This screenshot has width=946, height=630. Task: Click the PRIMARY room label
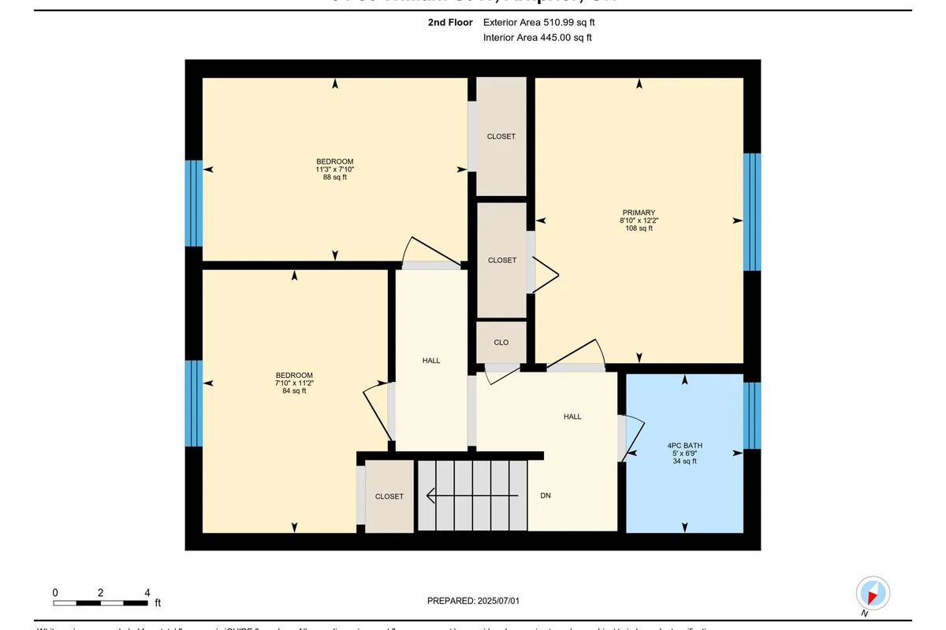pyautogui.click(x=639, y=213)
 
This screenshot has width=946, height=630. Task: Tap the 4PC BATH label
pyautogui.click(x=684, y=446)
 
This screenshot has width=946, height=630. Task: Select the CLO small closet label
pyautogui.click(x=501, y=343)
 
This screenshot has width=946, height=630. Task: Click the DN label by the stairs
pyautogui.click(x=545, y=496)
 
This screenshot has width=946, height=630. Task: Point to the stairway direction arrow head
pyautogui.click(x=430, y=496)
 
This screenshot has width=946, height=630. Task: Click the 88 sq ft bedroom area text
pyautogui.click(x=334, y=177)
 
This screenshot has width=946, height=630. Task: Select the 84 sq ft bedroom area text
pyautogui.click(x=294, y=391)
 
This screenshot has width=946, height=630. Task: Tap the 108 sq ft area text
pyautogui.click(x=639, y=229)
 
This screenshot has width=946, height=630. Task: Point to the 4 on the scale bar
pyautogui.click(x=147, y=592)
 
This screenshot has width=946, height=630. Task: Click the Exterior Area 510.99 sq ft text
pyautogui.click(x=538, y=23)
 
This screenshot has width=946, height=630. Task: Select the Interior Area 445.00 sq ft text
pyautogui.click(x=537, y=37)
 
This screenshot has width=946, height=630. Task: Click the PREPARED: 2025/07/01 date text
pyautogui.click(x=473, y=601)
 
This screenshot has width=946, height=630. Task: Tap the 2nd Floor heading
pyautogui.click(x=450, y=23)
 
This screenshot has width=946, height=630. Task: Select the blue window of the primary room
pyautogui.click(x=752, y=212)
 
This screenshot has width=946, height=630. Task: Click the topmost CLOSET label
pyautogui.click(x=501, y=136)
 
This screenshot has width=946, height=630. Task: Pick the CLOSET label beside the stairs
pyautogui.click(x=389, y=496)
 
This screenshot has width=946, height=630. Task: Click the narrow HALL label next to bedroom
pyautogui.click(x=431, y=360)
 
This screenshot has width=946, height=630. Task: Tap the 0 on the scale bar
pyautogui.click(x=55, y=592)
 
